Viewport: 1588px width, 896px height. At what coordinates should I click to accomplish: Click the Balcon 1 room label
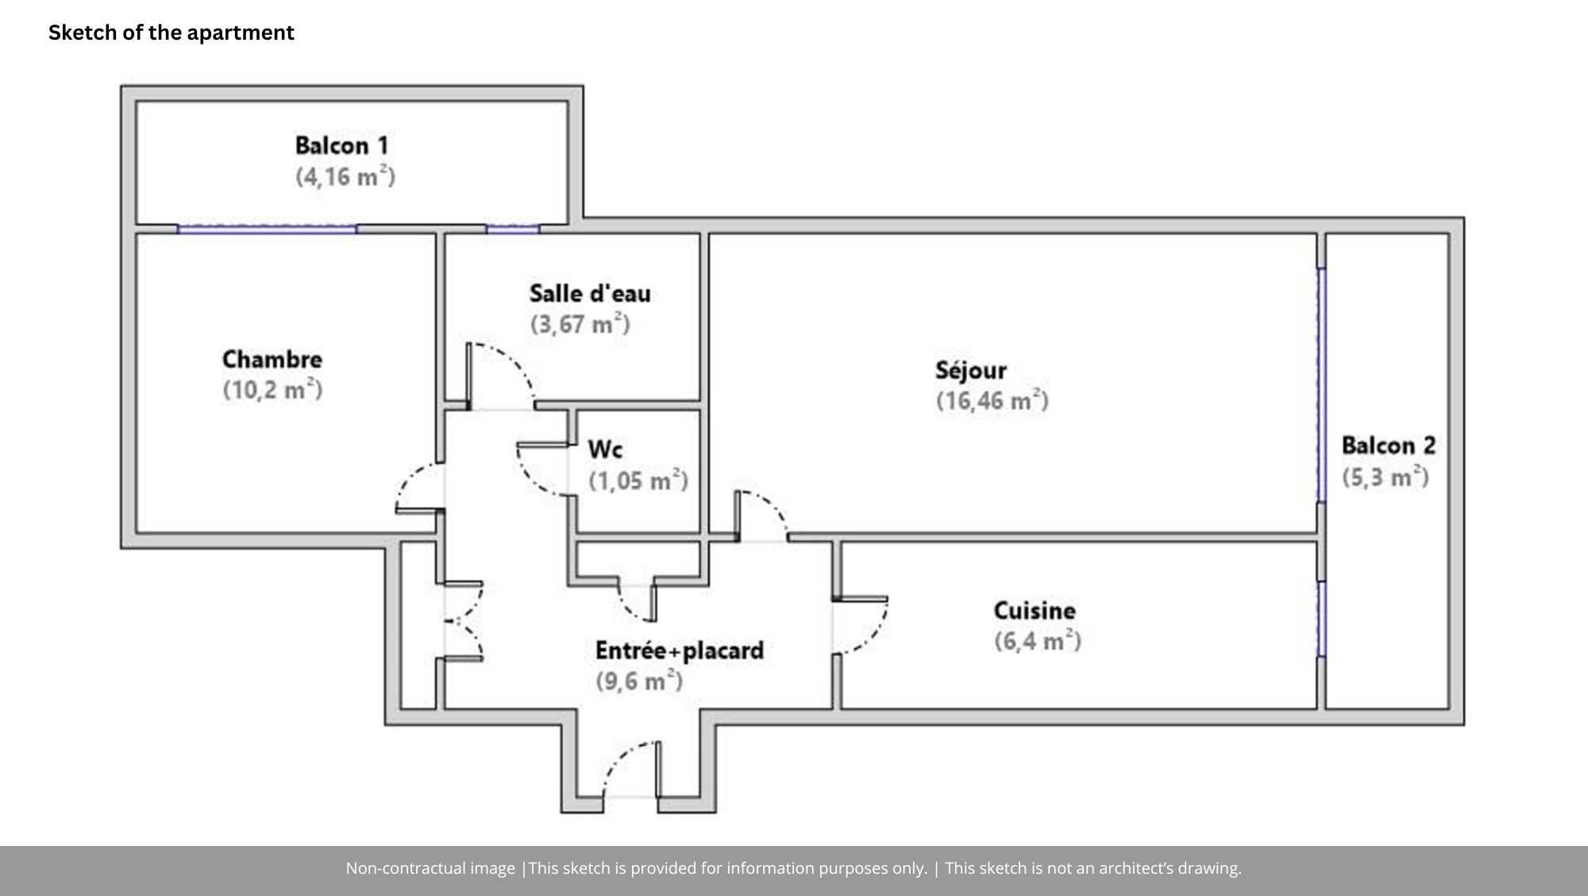[x=342, y=146]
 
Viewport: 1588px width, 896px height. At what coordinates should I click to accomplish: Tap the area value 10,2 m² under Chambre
[x=272, y=390]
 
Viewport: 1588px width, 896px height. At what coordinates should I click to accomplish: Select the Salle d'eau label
[x=590, y=294]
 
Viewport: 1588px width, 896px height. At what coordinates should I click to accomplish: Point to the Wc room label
[x=605, y=450]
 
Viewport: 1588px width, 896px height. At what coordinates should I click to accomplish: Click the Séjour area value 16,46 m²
[x=992, y=400]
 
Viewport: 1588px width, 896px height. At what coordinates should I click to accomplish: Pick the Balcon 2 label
[x=1389, y=446]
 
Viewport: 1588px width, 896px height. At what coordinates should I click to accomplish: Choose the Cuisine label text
[x=1035, y=611]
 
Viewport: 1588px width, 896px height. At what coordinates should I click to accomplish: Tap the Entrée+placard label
[x=680, y=651]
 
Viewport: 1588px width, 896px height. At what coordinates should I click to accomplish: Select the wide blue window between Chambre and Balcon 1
[x=267, y=230]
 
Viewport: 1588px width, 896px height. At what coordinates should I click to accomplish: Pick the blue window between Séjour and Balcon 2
[x=1321, y=385]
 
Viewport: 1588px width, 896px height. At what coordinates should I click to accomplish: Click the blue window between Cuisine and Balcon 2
[x=1321, y=619]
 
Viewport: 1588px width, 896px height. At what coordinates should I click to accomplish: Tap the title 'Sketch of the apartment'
[x=172, y=33]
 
